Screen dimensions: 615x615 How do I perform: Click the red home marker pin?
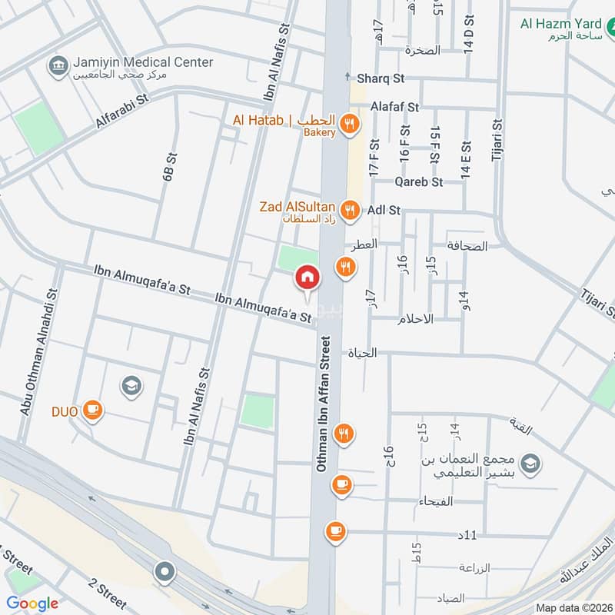click(x=307, y=278)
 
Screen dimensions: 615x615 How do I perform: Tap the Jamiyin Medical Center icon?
click(x=58, y=66)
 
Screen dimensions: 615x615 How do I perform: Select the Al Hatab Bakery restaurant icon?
click(x=350, y=121)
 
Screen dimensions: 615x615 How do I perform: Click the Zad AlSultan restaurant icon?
click(x=350, y=208)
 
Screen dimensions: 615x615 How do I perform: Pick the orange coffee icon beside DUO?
click(x=93, y=411)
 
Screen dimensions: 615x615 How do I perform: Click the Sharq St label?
click(x=381, y=78)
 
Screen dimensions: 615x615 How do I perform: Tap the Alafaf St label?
click(x=394, y=107)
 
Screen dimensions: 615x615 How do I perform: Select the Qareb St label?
click(x=419, y=182)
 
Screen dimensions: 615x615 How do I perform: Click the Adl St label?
click(x=384, y=209)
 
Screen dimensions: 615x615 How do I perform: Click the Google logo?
click(x=32, y=603)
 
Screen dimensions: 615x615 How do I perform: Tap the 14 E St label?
click(x=465, y=161)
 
